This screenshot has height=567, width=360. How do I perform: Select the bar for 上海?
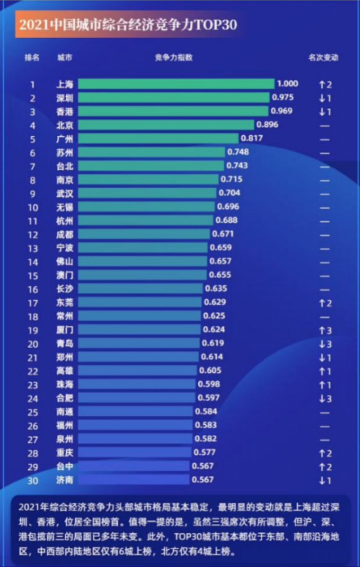176,84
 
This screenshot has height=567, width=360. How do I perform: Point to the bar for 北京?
166,125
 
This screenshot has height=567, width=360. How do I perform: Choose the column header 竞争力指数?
174,58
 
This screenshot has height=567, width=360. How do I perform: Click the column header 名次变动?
323,58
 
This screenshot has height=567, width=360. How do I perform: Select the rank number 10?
33,207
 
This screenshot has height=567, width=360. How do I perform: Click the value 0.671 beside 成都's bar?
223,234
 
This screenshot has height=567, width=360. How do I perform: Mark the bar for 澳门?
143,275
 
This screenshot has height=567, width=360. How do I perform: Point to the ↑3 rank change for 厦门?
325,331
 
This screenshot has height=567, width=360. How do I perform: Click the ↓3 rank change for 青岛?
325,344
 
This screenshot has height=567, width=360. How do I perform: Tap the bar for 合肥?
137,398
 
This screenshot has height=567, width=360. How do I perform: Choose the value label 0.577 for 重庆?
204,452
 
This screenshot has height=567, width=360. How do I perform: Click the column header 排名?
32,58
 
